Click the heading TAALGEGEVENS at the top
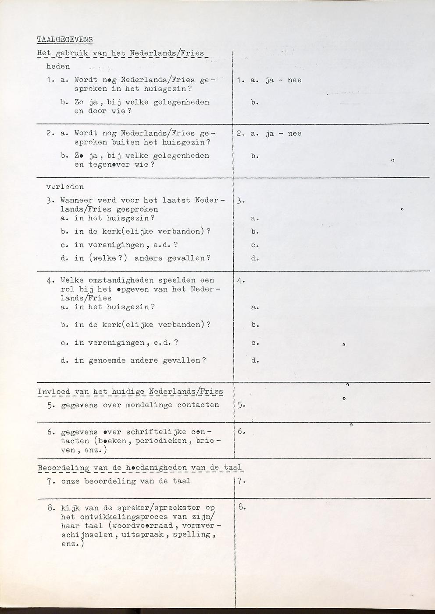(x=65, y=39)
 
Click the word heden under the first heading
(x=58, y=67)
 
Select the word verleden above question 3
(x=65, y=187)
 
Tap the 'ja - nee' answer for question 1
(x=283, y=80)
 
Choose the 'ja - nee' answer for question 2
(x=283, y=134)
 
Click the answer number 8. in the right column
(x=242, y=508)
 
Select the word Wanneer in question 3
(x=75, y=200)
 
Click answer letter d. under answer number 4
(x=255, y=361)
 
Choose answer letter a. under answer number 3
(x=255, y=219)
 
